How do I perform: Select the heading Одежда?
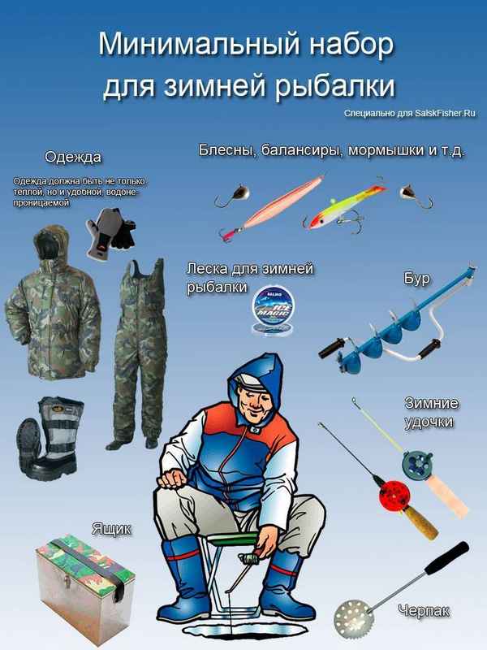pyautogui.click(x=73, y=156)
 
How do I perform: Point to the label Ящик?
pyautogui.click(x=112, y=529)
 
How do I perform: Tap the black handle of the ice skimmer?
pyautogui.click(x=446, y=558)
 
